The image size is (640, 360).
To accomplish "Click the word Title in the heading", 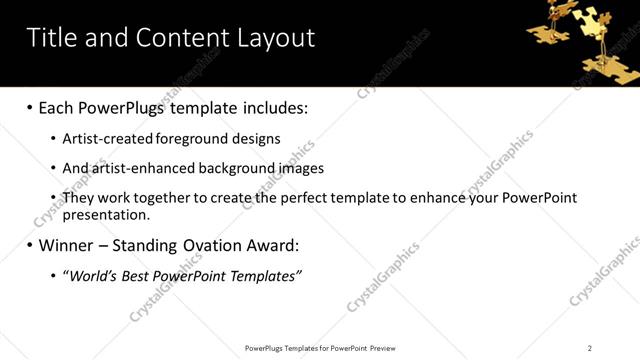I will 49,38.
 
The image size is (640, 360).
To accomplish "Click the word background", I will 228,168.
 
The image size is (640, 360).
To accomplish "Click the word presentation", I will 105,214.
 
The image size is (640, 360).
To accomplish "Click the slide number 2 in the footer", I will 590,347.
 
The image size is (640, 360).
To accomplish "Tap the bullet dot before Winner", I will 29,245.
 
